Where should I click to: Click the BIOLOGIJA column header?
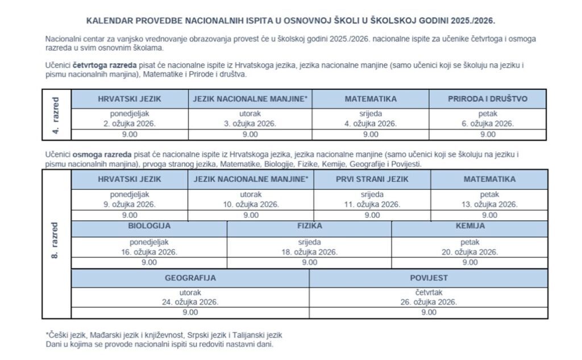(x=149, y=226)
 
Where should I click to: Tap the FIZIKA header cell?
(x=309, y=226)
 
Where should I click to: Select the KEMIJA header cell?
(x=470, y=226)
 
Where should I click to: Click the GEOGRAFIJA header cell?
(x=190, y=278)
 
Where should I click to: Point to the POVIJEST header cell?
(x=429, y=278)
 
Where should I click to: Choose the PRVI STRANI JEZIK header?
(x=372, y=179)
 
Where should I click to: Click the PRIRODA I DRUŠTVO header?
(x=488, y=98)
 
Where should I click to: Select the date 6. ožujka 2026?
(x=488, y=123)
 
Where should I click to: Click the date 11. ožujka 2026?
(x=372, y=204)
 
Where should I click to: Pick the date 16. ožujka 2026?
(x=149, y=252)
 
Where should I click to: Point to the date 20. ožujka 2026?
(x=470, y=252)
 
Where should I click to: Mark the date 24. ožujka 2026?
(x=190, y=303)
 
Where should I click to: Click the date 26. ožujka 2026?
(x=429, y=303)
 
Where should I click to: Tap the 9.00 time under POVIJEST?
(x=429, y=312)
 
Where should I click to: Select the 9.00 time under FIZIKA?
(x=309, y=262)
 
